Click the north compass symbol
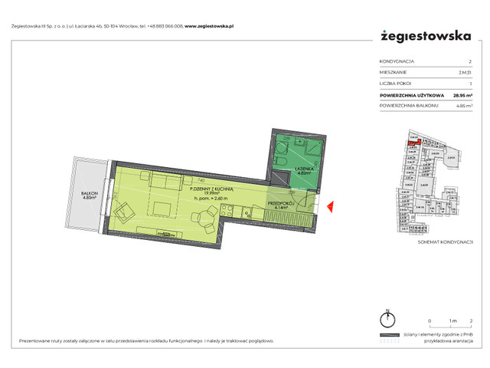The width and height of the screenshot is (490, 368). pyautogui.click(x=388, y=319)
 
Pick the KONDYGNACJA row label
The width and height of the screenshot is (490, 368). pyautogui.click(x=397, y=61)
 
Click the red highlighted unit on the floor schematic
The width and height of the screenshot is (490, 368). pyautogui.click(x=411, y=143)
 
